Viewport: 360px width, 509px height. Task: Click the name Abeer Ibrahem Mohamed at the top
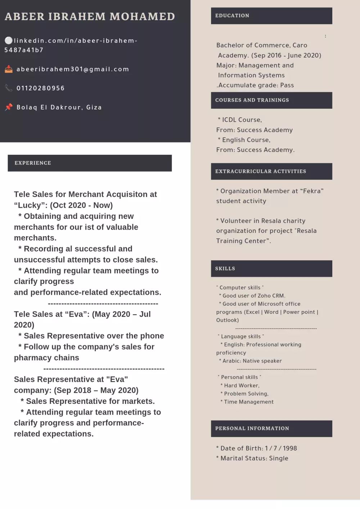[x=90, y=17]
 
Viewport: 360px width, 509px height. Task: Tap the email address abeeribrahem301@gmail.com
[x=73, y=69]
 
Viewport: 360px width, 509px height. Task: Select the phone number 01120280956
[x=41, y=88]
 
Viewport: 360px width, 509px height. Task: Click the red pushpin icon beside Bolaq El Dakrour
[x=9, y=107]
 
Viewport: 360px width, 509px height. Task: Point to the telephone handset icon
[x=9, y=88]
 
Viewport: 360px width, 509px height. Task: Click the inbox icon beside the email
[x=9, y=69]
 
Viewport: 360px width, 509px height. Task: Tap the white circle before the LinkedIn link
[x=9, y=40]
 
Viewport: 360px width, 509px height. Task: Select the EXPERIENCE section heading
[x=33, y=163]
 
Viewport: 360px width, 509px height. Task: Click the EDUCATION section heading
[x=232, y=16]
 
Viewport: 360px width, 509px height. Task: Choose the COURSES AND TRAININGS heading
[x=252, y=100]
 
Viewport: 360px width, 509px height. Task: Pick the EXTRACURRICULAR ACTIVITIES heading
[x=261, y=171]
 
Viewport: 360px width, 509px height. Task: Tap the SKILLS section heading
[x=225, y=269]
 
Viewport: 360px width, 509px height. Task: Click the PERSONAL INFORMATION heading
[x=252, y=428]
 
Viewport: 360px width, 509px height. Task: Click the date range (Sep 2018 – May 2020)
[x=96, y=390]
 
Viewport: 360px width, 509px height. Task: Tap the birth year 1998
[x=290, y=448]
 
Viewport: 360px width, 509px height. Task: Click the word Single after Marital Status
[x=279, y=458]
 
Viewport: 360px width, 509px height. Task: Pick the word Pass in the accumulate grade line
[x=287, y=85]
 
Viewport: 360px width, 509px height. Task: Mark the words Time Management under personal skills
[x=249, y=402]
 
